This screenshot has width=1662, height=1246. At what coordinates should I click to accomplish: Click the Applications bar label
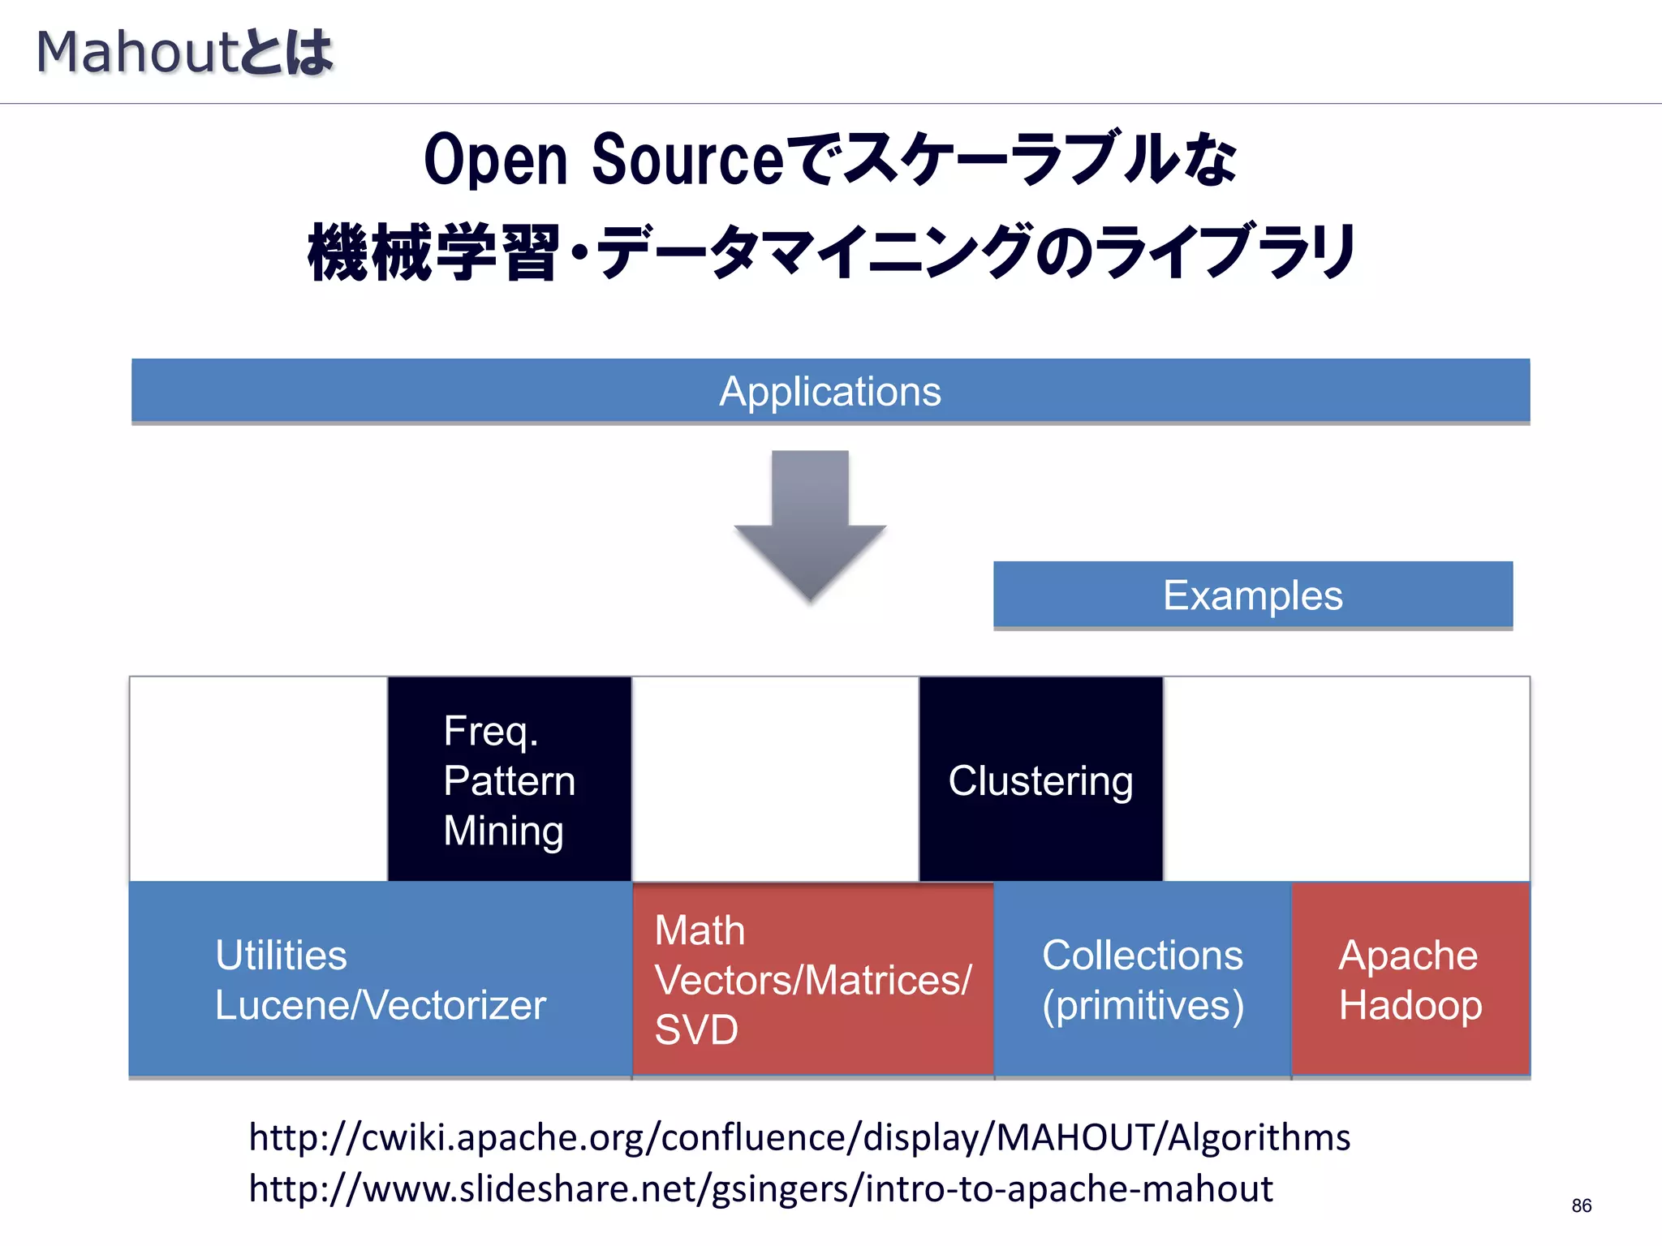(830, 391)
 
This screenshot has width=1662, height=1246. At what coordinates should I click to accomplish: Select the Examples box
(1252, 595)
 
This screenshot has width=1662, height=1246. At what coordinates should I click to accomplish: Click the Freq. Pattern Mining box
(510, 780)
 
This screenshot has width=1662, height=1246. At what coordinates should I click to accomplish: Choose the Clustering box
(1040, 780)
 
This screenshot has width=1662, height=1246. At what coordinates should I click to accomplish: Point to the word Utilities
(281, 955)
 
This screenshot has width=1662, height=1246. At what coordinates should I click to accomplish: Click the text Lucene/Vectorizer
(380, 1005)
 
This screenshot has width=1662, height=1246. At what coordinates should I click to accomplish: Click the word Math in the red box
(700, 930)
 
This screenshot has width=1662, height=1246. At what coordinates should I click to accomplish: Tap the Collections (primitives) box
(1142, 980)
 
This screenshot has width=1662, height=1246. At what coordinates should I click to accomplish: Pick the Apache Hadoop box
(1410, 980)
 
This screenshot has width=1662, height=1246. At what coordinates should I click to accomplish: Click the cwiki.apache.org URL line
(799, 1137)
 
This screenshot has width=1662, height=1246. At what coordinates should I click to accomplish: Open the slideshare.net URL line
(760, 1188)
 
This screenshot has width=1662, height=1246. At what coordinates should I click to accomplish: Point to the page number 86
(1581, 1205)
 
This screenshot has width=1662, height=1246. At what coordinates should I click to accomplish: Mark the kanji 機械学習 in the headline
(434, 253)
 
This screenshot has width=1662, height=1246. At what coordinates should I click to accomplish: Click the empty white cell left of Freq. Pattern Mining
(259, 779)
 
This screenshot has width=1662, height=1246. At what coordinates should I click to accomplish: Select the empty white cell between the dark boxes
(775, 779)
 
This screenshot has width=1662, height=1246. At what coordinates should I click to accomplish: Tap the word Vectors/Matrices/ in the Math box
(812, 980)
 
